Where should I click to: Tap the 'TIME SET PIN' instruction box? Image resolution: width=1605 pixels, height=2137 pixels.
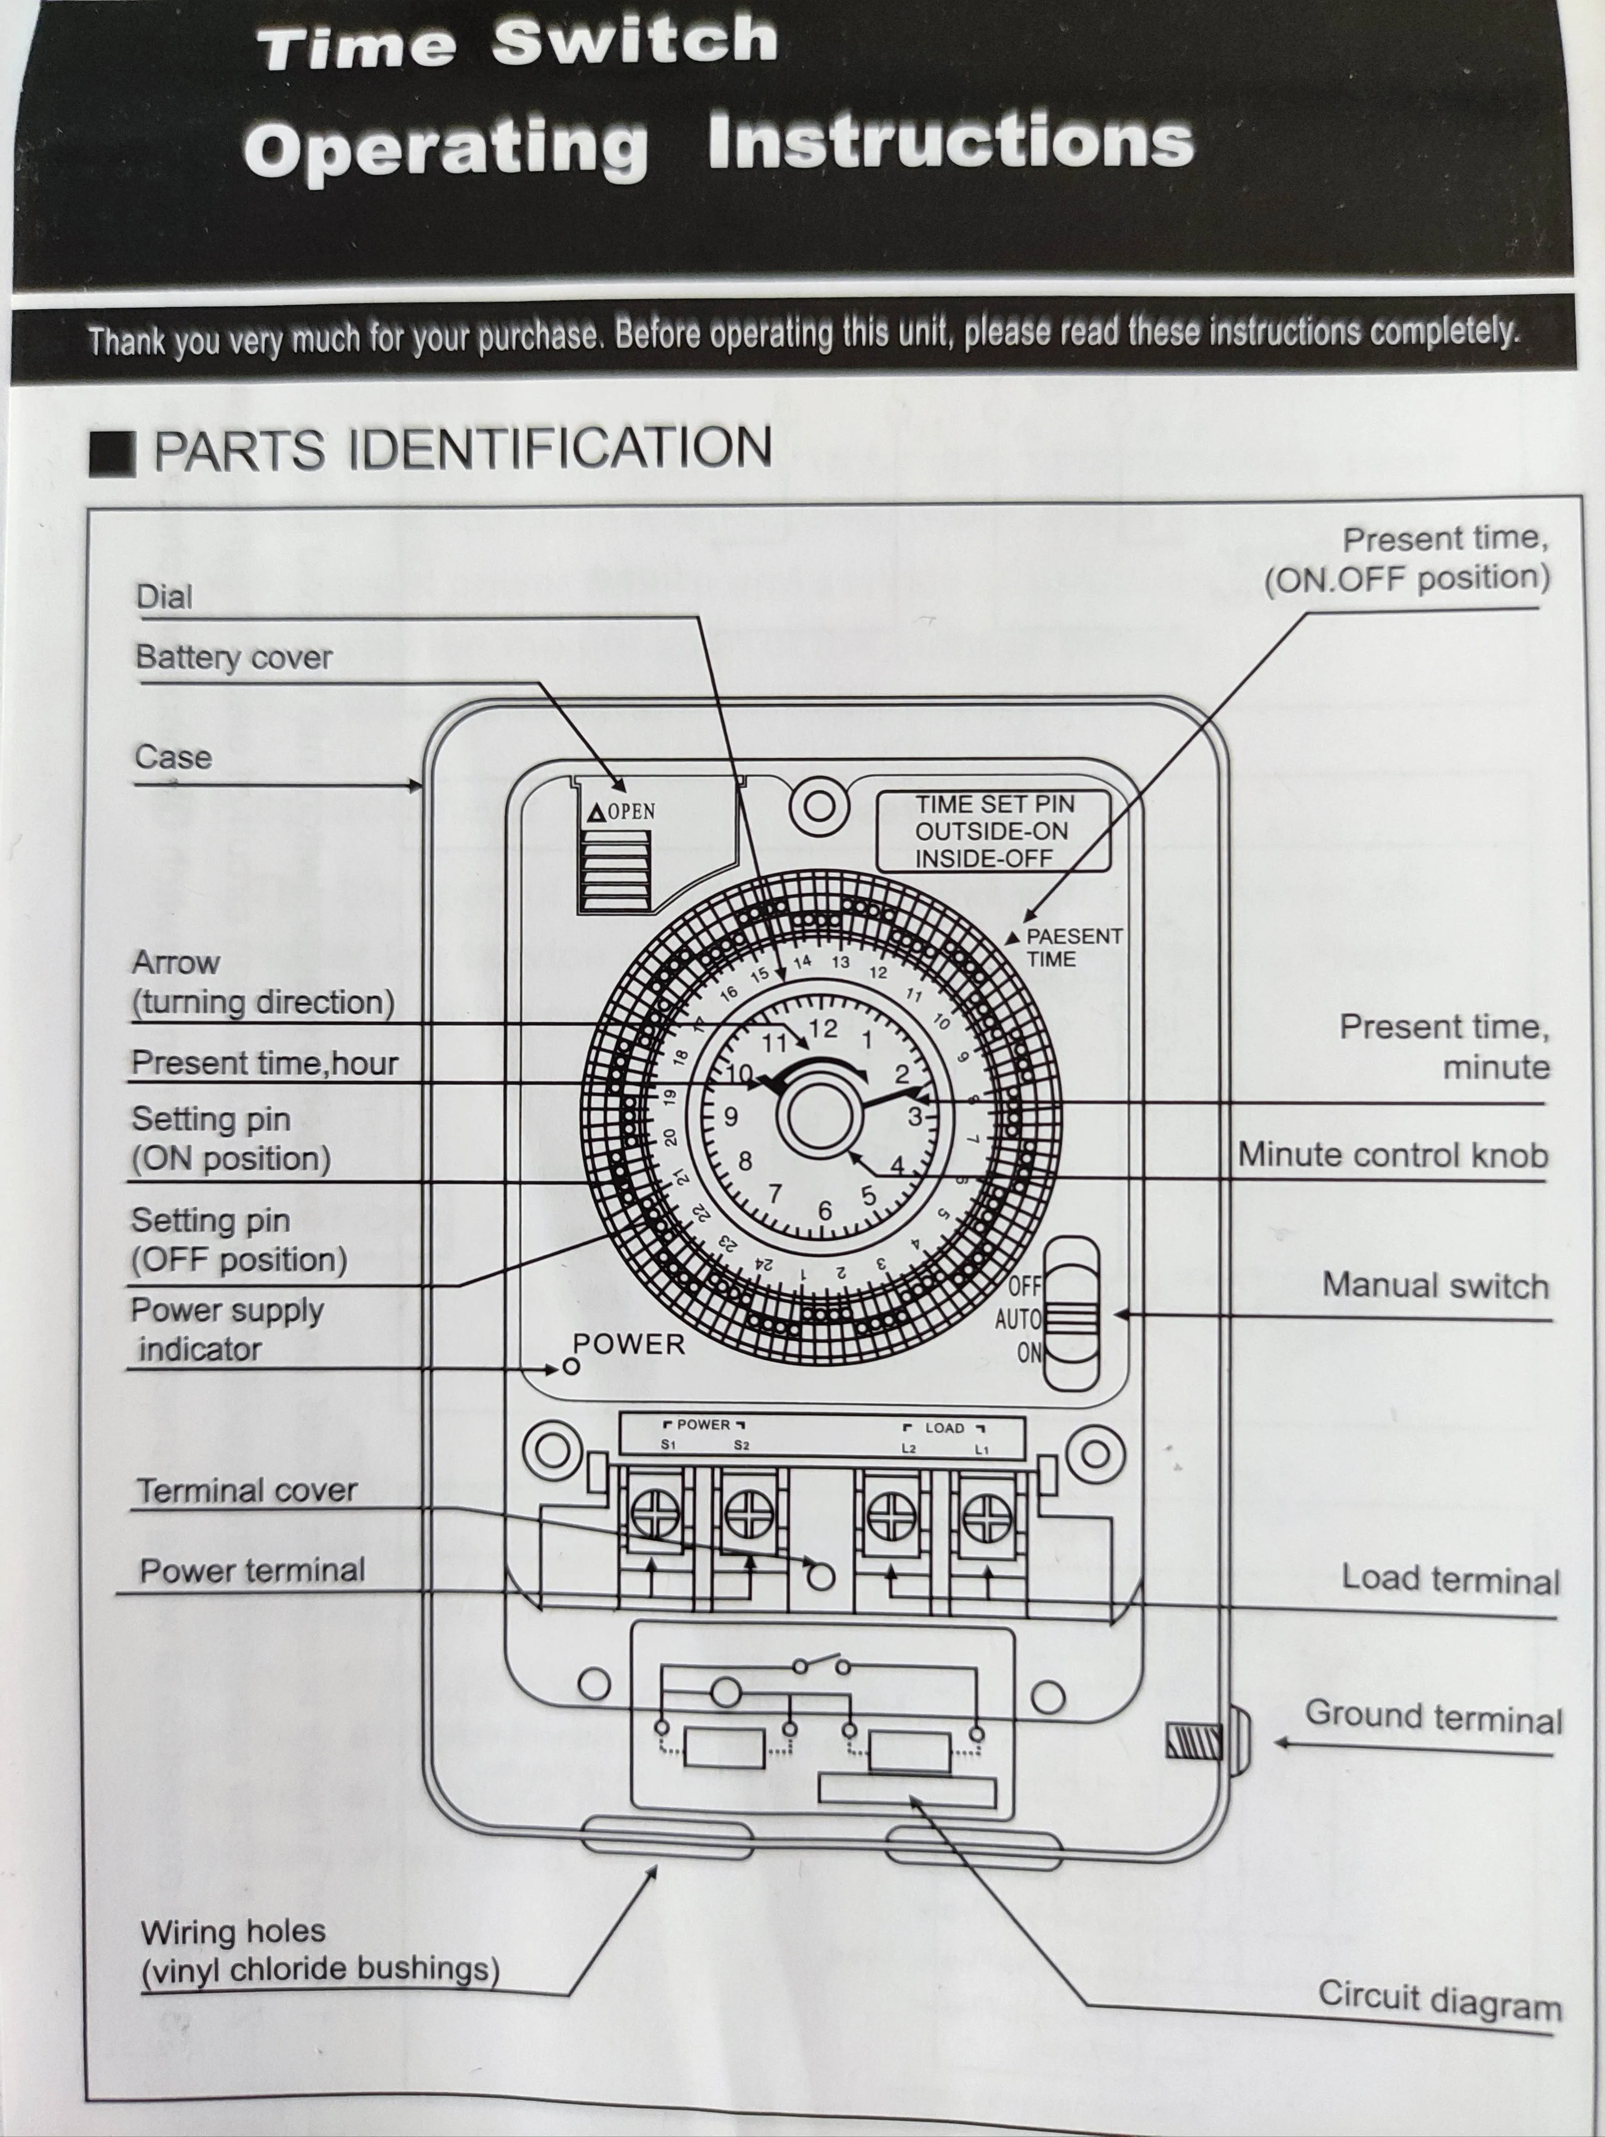(993, 831)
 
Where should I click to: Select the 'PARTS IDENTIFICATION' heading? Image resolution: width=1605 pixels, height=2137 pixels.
(462, 448)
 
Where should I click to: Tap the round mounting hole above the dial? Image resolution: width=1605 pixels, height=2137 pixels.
(820, 806)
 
